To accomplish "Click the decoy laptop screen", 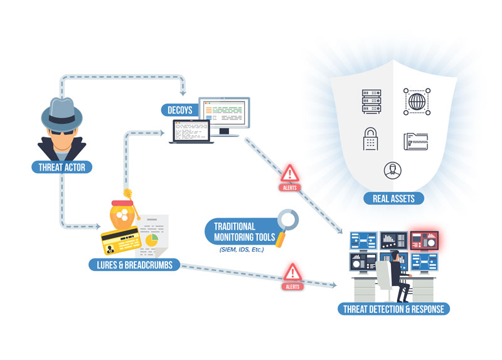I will coord(193,132).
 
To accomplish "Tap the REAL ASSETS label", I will coord(393,199).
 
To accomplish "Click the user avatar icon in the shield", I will coord(392,169).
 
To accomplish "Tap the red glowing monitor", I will coord(424,239).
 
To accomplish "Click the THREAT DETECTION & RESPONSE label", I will coord(394,309).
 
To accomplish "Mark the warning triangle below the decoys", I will coord(289,174).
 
